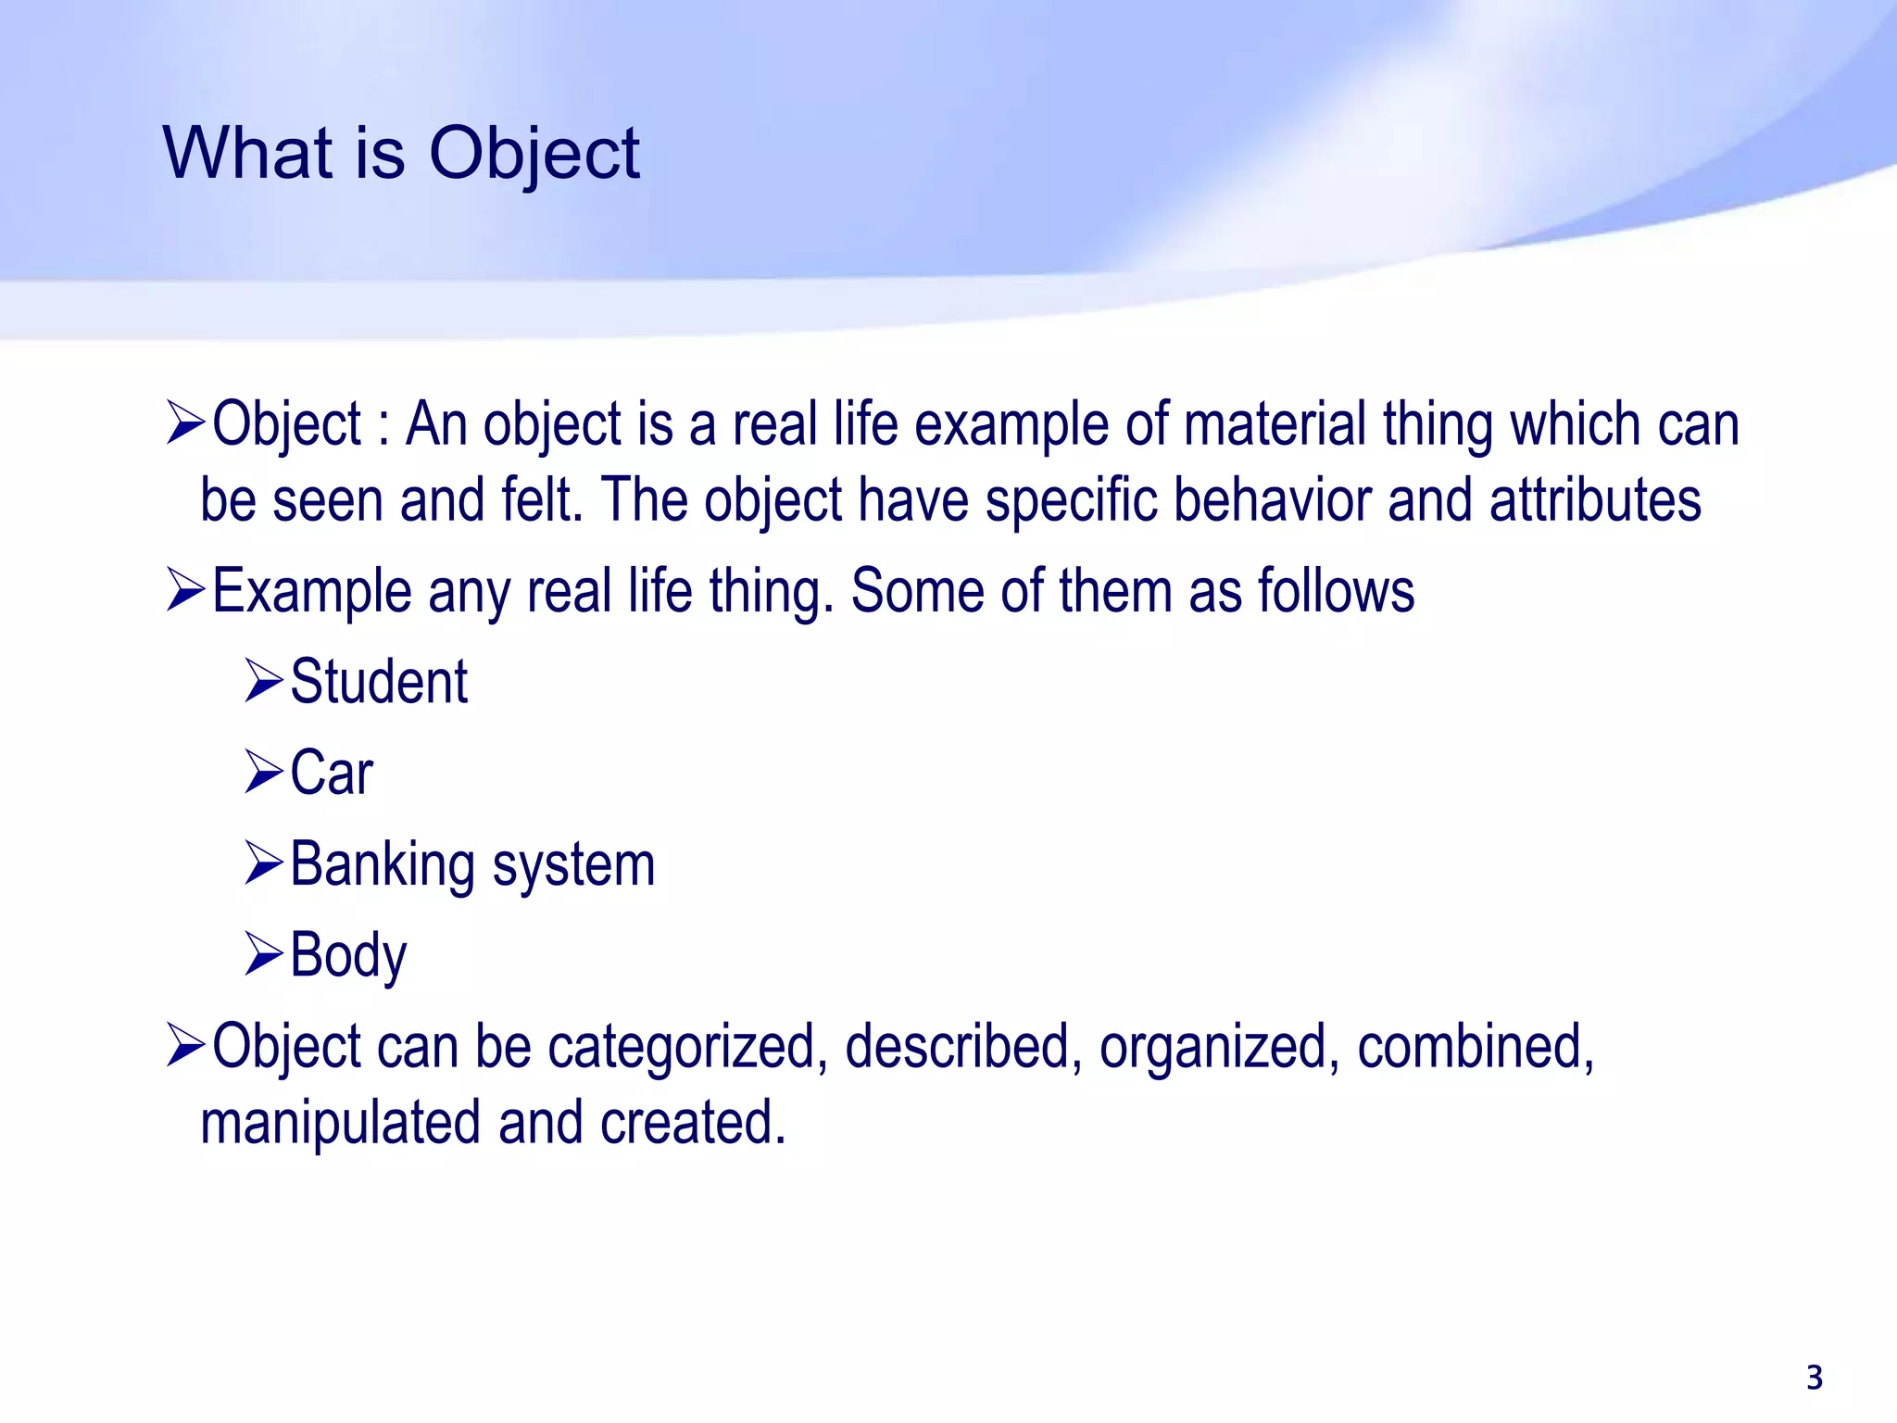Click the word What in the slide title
coord(247,153)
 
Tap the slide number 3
coord(1815,1378)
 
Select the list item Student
coord(379,682)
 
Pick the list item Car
coord(331,773)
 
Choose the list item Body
coord(348,955)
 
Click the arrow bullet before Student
coord(263,682)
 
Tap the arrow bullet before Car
coord(263,773)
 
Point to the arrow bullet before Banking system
coord(263,863)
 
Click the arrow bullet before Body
coord(263,954)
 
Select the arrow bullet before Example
coord(185,591)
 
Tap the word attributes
coord(1595,500)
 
